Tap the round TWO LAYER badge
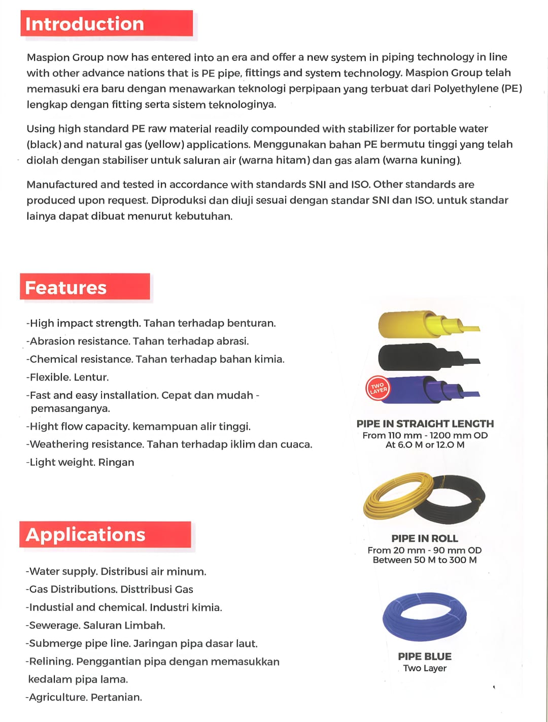(x=378, y=389)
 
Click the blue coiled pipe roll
(x=425, y=616)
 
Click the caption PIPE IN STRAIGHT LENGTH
(x=425, y=424)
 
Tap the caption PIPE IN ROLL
(x=425, y=538)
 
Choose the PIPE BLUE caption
(x=425, y=657)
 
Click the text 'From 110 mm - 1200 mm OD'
(x=425, y=435)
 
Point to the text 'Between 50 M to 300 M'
(x=425, y=560)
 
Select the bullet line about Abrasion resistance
(x=138, y=341)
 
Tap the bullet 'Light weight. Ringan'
(x=81, y=462)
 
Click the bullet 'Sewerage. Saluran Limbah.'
(x=96, y=625)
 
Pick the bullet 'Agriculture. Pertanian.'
(x=84, y=697)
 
